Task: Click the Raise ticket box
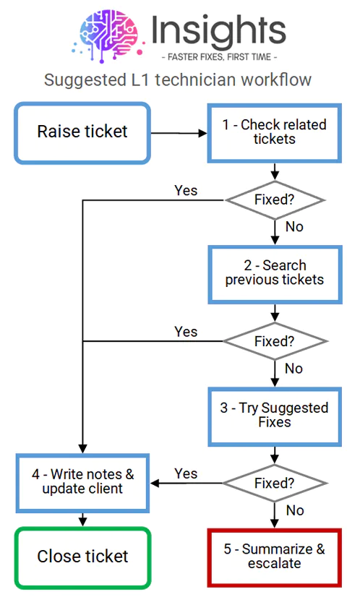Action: (x=82, y=133)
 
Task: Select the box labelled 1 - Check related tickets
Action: (x=275, y=133)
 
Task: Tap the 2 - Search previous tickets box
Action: (x=275, y=275)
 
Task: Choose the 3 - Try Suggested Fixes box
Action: (x=275, y=417)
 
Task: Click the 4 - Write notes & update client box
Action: (x=82, y=483)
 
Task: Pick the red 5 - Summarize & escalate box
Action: (x=275, y=557)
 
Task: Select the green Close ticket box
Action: (x=82, y=557)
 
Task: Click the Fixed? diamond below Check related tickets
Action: (x=275, y=200)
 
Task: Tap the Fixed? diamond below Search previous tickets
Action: (x=275, y=341)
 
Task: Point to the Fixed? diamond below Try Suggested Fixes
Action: (x=275, y=483)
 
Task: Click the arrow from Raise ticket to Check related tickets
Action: (x=179, y=133)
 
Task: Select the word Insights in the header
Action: (x=219, y=30)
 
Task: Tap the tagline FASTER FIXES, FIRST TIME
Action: (x=219, y=57)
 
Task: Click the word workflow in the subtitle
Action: (x=275, y=80)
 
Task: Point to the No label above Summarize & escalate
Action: (x=295, y=510)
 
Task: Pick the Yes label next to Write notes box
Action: (x=186, y=473)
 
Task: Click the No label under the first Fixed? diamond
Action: (x=294, y=226)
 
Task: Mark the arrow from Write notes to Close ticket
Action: (x=82, y=520)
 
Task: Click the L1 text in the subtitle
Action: (x=138, y=80)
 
